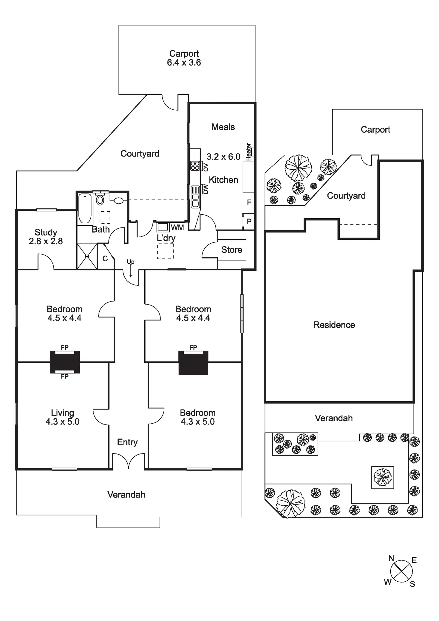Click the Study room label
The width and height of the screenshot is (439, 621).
(x=46, y=232)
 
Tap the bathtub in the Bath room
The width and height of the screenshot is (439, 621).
(x=85, y=208)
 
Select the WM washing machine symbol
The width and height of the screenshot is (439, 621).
(x=163, y=227)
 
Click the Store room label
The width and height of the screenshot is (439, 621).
(x=232, y=250)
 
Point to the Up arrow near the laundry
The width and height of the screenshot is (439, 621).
(x=131, y=270)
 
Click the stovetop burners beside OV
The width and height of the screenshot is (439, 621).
(x=195, y=166)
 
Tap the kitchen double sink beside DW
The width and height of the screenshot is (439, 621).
(x=195, y=197)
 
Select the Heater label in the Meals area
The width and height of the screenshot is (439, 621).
(x=248, y=152)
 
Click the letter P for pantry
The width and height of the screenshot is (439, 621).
(x=249, y=222)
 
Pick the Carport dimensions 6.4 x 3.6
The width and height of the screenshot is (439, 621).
(x=184, y=63)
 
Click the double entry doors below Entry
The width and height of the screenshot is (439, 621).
(x=129, y=461)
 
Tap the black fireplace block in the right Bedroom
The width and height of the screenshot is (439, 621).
(x=193, y=363)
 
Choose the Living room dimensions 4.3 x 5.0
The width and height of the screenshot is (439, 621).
(x=62, y=422)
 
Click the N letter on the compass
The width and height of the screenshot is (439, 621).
(x=391, y=558)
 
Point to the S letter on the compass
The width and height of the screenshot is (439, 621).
(x=412, y=584)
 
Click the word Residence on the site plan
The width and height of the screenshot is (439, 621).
(x=334, y=325)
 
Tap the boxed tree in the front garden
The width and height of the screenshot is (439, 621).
(x=382, y=477)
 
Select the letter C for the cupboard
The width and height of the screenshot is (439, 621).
(x=105, y=258)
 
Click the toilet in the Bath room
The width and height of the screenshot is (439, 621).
(x=100, y=200)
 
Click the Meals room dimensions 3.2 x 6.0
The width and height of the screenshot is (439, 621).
(x=223, y=157)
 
